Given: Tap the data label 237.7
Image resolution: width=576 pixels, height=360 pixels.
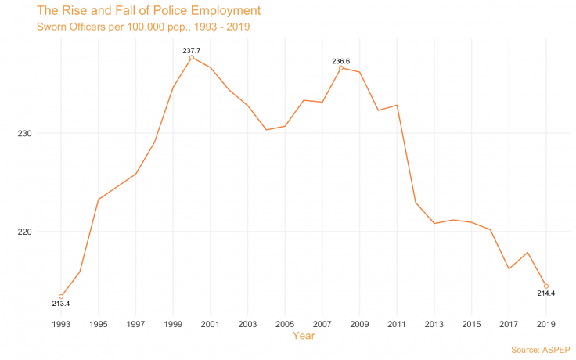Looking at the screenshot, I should [192, 50].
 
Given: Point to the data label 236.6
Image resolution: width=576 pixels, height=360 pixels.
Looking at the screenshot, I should [341, 60].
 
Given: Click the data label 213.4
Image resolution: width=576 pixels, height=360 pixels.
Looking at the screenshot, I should [61, 304].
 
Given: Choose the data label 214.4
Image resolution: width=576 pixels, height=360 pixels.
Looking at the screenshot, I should [545, 293].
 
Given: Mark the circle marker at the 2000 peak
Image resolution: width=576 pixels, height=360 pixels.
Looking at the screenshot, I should [192, 58].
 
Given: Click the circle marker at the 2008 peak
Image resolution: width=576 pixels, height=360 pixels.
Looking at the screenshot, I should [340, 68].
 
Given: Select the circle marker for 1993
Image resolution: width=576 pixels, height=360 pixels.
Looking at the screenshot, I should [61, 297].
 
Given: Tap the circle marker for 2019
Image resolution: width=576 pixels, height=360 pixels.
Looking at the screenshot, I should [546, 286].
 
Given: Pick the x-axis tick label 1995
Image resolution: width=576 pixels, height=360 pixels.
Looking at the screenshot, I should [98, 323].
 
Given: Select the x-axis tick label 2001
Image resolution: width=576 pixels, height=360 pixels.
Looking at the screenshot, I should [210, 323].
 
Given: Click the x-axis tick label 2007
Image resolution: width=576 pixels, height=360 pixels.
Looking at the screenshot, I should [322, 323].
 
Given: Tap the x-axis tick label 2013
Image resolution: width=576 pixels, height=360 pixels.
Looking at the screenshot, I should [434, 323].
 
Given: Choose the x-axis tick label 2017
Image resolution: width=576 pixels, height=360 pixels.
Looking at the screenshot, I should [509, 323].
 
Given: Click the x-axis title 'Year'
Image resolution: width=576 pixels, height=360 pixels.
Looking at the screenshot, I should [304, 336].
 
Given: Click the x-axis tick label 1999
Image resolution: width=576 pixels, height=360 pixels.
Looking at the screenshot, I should [173, 323].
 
